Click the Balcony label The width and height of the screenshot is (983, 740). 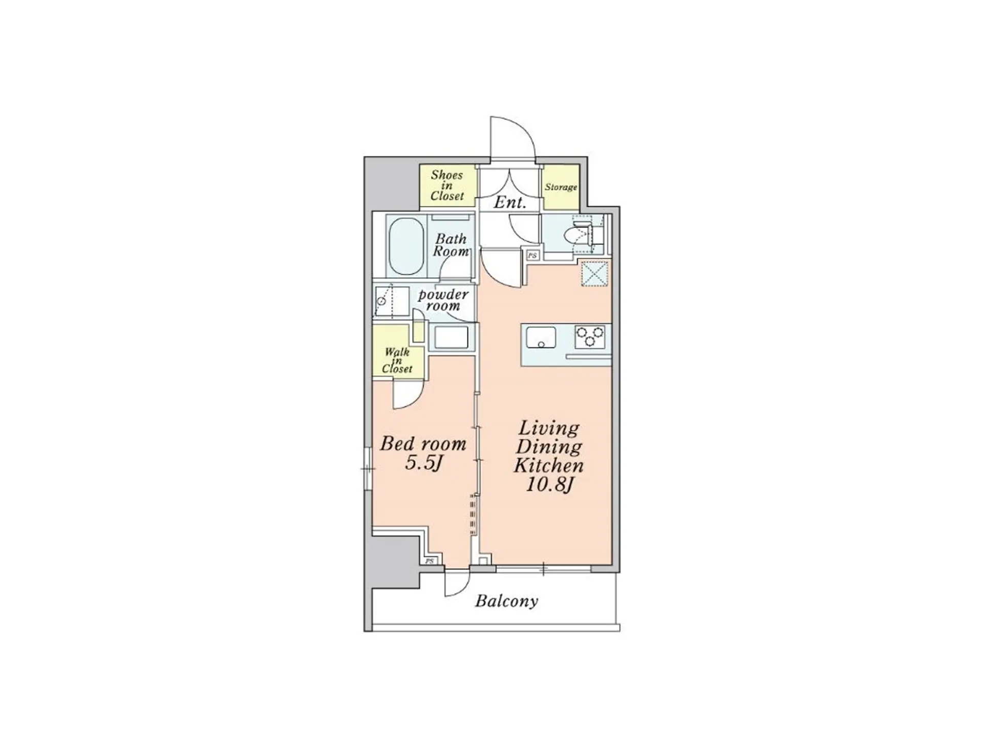click(x=506, y=601)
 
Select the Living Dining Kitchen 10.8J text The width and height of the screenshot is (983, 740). click(x=548, y=456)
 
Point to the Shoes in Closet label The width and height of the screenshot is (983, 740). click(x=447, y=186)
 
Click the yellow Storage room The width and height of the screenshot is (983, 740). click(x=561, y=187)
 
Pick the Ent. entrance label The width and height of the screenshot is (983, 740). click(x=510, y=202)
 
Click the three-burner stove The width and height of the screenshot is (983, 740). click(x=590, y=337)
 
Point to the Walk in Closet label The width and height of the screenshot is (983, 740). click(x=397, y=360)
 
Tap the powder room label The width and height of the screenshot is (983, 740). click(x=443, y=300)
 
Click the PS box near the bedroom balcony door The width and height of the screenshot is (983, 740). click(x=429, y=561)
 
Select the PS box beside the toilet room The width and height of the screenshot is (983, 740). click(x=533, y=255)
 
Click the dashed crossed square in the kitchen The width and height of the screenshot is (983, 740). click(x=594, y=273)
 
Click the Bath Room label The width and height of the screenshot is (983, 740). click(x=451, y=245)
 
